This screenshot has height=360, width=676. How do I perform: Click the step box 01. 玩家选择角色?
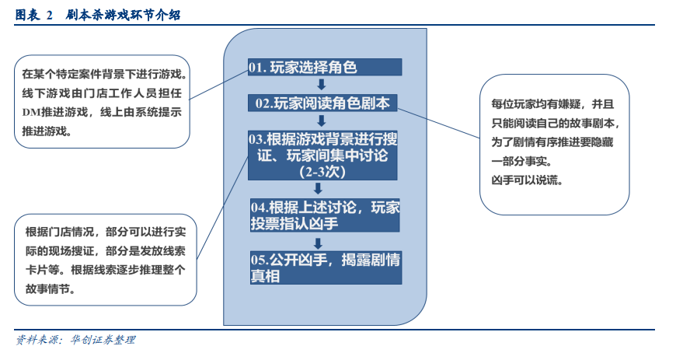point(325,68)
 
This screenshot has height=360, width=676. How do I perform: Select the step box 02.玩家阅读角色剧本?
point(322,103)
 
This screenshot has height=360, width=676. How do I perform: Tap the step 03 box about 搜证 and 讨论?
point(322,156)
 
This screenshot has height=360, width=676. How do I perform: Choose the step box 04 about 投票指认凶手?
point(325,215)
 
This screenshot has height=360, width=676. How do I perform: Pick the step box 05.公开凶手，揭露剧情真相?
point(326,267)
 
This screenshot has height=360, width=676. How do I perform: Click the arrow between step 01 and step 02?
point(321,85)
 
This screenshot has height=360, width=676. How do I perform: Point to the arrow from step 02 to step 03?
point(321,121)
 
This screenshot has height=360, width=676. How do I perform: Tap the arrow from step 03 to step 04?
point(318,189)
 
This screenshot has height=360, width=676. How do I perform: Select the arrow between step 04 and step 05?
point(318,244)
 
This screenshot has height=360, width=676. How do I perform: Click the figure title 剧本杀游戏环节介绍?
point(124,15)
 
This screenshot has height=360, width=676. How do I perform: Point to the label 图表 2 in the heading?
point(33,15)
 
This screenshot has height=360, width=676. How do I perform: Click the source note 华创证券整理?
point(103,340)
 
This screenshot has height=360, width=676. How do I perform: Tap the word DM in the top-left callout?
point(31,113)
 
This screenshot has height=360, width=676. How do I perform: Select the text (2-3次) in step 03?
point(322,173)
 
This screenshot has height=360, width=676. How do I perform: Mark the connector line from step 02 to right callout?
point(438,123)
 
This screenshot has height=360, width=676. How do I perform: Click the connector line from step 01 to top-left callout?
point(218,85)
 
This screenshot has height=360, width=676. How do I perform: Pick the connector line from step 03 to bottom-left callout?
point(222,208)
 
